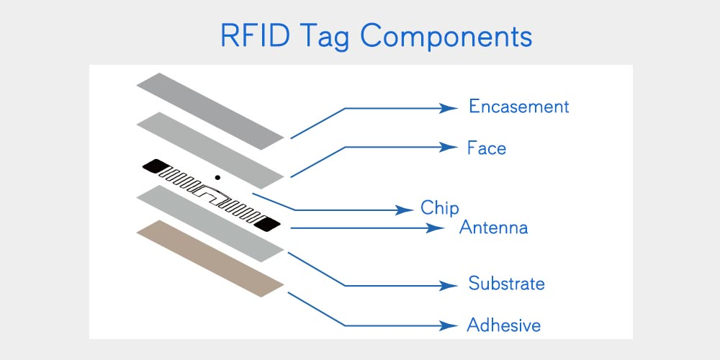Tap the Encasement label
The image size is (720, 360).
(518, 107)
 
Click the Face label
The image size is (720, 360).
(487, 148)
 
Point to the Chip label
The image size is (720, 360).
(439, 209)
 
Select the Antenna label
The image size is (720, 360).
(494, 228)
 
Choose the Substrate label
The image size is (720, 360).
(506, 283)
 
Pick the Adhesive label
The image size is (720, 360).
(503, 325)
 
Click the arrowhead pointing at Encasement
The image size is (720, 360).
(450, 108)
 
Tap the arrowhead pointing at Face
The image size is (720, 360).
(450, 148)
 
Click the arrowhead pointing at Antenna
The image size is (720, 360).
(438, 228)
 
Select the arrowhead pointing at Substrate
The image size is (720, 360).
(450, 285)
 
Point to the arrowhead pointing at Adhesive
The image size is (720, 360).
(450, 325)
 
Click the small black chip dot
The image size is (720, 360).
(217, 176)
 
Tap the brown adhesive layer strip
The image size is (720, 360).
(210, 258)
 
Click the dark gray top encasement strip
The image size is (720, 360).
(210, 111)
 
